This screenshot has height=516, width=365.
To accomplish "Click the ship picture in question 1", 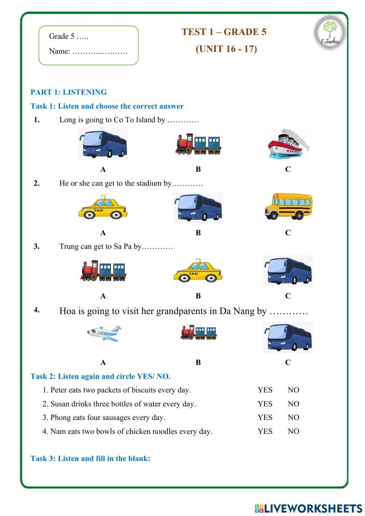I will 288,145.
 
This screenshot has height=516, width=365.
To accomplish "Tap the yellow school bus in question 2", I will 288,206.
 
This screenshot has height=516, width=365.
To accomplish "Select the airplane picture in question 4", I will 104,333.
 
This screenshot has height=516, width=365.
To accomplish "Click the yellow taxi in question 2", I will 103,208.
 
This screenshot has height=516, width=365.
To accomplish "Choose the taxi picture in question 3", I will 198,271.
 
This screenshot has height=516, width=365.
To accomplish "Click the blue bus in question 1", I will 103,144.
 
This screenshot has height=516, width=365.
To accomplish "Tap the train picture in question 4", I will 198,333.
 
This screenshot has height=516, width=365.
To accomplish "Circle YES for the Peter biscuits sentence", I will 265,390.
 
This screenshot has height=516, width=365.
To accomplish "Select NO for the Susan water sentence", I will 293,404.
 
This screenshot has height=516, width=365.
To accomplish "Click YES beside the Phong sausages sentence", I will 265,417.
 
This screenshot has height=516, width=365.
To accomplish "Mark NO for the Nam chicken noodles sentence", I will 293,431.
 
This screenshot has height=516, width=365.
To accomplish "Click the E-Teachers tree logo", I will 330,32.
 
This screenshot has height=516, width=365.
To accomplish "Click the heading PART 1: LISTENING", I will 69,92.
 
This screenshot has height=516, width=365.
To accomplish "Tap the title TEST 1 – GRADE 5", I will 224,32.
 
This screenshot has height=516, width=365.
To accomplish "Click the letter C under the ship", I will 288,169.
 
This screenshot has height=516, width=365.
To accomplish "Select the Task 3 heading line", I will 90,458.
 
